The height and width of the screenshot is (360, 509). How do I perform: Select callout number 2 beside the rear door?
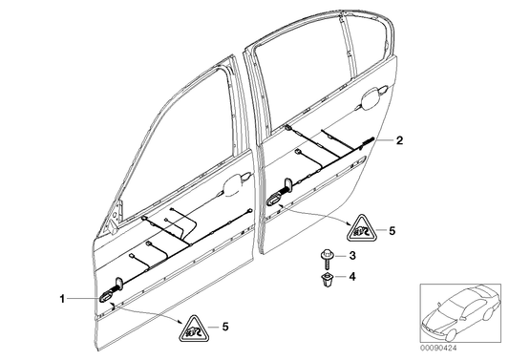coord(400,140)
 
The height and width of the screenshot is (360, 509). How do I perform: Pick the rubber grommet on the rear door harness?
coord(276,199)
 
